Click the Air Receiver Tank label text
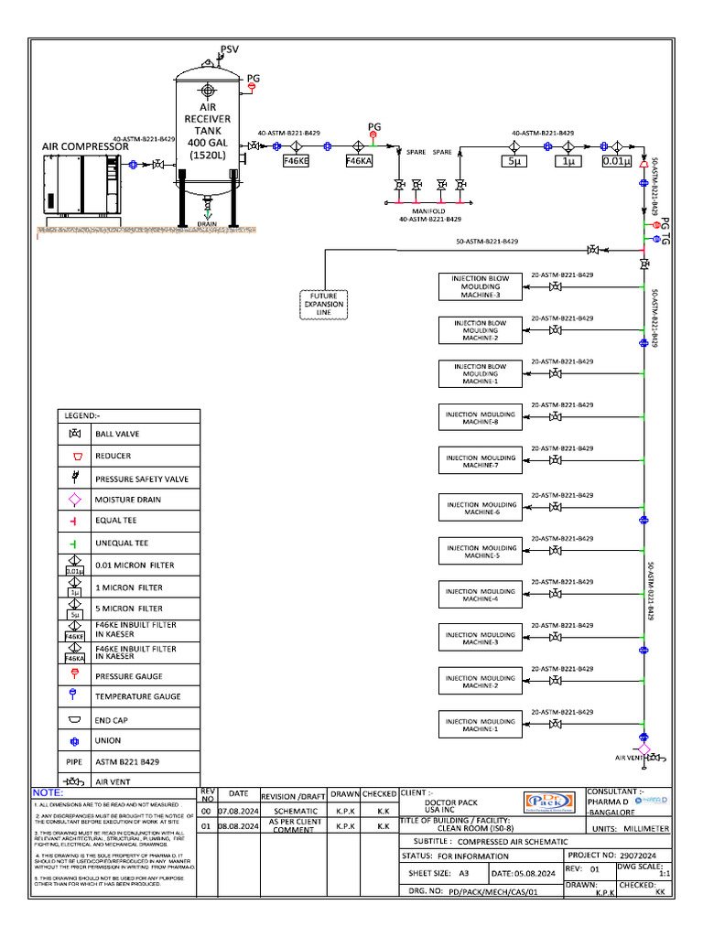(x=209, y=131)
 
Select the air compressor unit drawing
(x=81, y=186)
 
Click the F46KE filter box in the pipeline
(x=296, y=161)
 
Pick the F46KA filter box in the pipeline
(x=359, y=161)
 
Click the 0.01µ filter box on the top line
(x=617, y=162)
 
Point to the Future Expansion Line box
(x=323, y=304)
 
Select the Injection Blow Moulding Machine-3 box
(x=480, y=286)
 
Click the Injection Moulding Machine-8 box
(x=480, y=418)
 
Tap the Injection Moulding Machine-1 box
(x=480, y=726)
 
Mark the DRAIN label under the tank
(x=208, y=223)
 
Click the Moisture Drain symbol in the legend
(x=75, y=500)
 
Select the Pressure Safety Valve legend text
(x=142, y=479)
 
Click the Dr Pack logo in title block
(x=556, y=801)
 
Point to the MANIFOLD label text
(x=428, y=211)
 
